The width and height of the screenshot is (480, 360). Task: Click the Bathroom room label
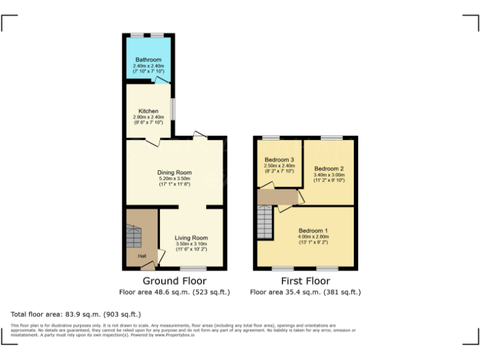coord(147,60)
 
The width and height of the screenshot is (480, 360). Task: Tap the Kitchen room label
coord(148,111)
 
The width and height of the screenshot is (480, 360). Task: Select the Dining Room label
coord(174,172)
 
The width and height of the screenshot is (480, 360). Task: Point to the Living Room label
coord(191,238)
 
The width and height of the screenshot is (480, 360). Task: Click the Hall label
coord(142,256)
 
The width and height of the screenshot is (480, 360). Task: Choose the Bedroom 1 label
coord(313,231)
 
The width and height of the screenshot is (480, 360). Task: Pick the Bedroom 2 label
coord(329,169)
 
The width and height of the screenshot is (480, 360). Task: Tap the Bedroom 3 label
coord(279,159)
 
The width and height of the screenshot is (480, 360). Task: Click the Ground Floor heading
coord(174,281)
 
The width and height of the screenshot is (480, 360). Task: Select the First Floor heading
coord(305,281)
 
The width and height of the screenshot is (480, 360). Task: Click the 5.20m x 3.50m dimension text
coord(174,179)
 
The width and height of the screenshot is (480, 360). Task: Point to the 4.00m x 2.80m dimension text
coord(313,237)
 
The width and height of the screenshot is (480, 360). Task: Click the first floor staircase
coord(266,223)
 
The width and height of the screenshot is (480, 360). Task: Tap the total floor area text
coord(76,314)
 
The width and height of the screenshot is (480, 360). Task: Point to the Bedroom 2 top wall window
coord(332,137)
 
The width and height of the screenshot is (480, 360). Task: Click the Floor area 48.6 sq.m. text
coord(174,292)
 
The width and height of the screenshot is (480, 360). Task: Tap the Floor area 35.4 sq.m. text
coord(305,292)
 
